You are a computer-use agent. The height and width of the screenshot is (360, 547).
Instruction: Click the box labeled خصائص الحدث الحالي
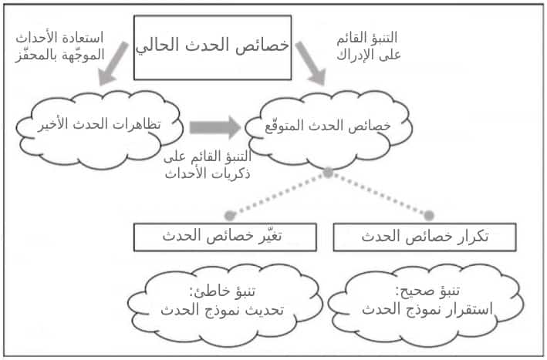click(x=212, y=46)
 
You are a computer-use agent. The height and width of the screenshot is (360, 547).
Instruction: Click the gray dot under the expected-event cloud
click(x=328, y=173)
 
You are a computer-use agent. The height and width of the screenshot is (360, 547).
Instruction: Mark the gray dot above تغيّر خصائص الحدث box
click(x=228, y=215)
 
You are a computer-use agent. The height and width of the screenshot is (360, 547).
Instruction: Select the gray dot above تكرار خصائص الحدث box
click(x=429, y=215)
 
